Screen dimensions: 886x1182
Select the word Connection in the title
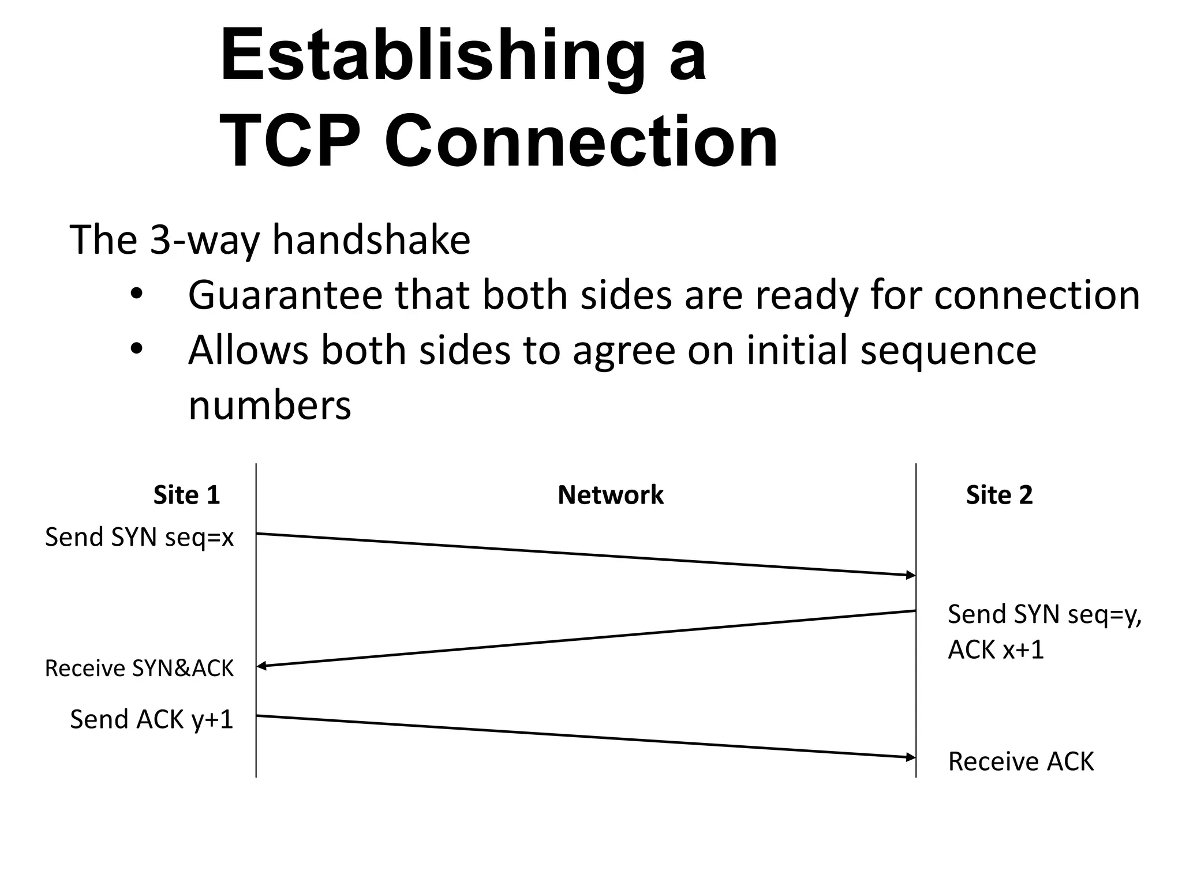click(x=581, y=142)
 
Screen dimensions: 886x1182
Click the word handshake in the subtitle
click(x=371, y=239)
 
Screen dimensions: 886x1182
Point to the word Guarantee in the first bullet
click(x=285, y=295)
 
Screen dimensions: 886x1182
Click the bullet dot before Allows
click(x=136, y=350)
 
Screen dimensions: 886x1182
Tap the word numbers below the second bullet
click(x=270, y=406)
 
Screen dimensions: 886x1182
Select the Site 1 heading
click(x=186, y=495)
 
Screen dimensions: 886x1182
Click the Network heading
click(x=611, y=495)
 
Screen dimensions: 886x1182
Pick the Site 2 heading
click(x=999, y=495)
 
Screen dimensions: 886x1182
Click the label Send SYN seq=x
click(x=140, y=538)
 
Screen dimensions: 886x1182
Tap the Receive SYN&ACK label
click(x=140, y=669)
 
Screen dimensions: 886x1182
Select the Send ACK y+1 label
click(x=152, y=720)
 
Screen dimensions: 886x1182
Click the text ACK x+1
click(x=996, y=650)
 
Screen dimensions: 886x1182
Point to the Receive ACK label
click(x=1020, y=761)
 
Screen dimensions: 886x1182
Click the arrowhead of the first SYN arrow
click(x=911, y=575)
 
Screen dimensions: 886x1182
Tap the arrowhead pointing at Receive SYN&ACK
click(x=261, y=666)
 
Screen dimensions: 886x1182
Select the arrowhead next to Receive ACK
click(x=911, y=756)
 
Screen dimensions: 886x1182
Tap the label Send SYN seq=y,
click(x=1044, y=614)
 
